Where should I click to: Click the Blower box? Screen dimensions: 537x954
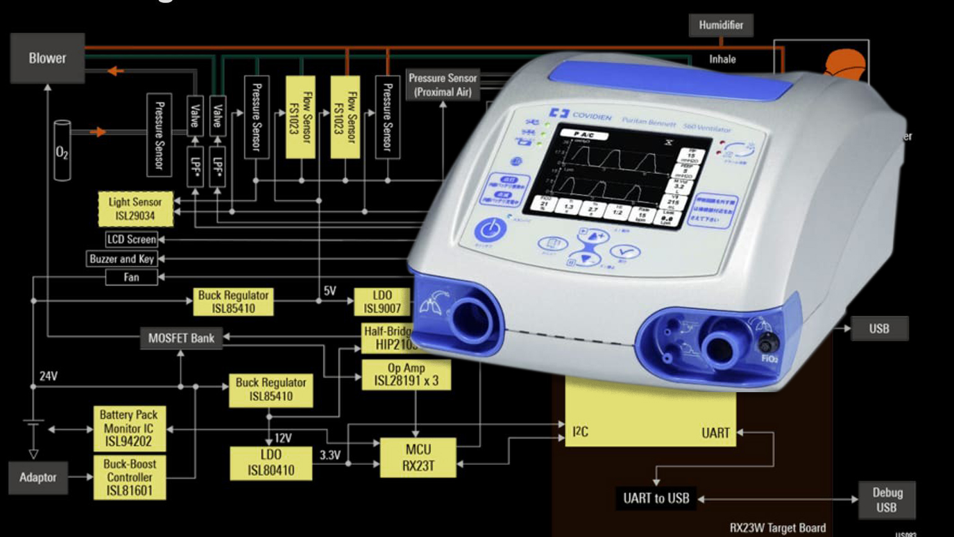pyautogui.click(x=47, y=58)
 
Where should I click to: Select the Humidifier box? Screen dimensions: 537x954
pyautogui.click(x=720, y=25)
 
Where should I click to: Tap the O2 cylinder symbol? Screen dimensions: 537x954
pyautogui.click(x=62, y=151)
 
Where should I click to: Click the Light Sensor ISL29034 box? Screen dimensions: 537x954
pyautogui.click(x=135, y=209)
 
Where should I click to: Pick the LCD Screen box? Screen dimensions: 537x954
pyautogui.click(x=132, y=239)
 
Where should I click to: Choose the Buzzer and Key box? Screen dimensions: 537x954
pyautogui.click(x=122, y=259)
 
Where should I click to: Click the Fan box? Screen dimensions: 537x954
pyautogui.click(x=131, y=277)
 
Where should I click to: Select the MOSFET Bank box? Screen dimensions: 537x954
pyautogui.click(x=181, y=338)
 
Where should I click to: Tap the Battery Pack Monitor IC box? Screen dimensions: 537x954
pyautogui.click(x=129, y=428)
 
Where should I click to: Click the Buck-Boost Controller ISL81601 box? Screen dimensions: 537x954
pyautogui.click(x=129, y=477)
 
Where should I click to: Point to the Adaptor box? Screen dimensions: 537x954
pyautogui.click(x=38, y=477)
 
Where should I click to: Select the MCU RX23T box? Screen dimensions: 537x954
pyautogui.click(x=418, y=457)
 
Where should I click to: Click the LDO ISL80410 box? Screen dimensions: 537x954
pyautogui.click(x=271, y=463)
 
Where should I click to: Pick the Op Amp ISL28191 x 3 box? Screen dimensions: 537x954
pyautogui.click(x=406, y=375)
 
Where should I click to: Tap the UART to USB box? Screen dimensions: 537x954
pyautogui.click(x=656, y=498)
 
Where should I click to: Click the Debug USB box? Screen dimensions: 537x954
pyautogui.click(x=887, y=500)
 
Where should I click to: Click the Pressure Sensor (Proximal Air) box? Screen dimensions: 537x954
pyautogui.click(x=443, y=85)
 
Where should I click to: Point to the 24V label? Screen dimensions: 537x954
pyautogui.click(x=48, y=376)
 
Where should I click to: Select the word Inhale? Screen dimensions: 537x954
pyautogui.click(x=722, y=60)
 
